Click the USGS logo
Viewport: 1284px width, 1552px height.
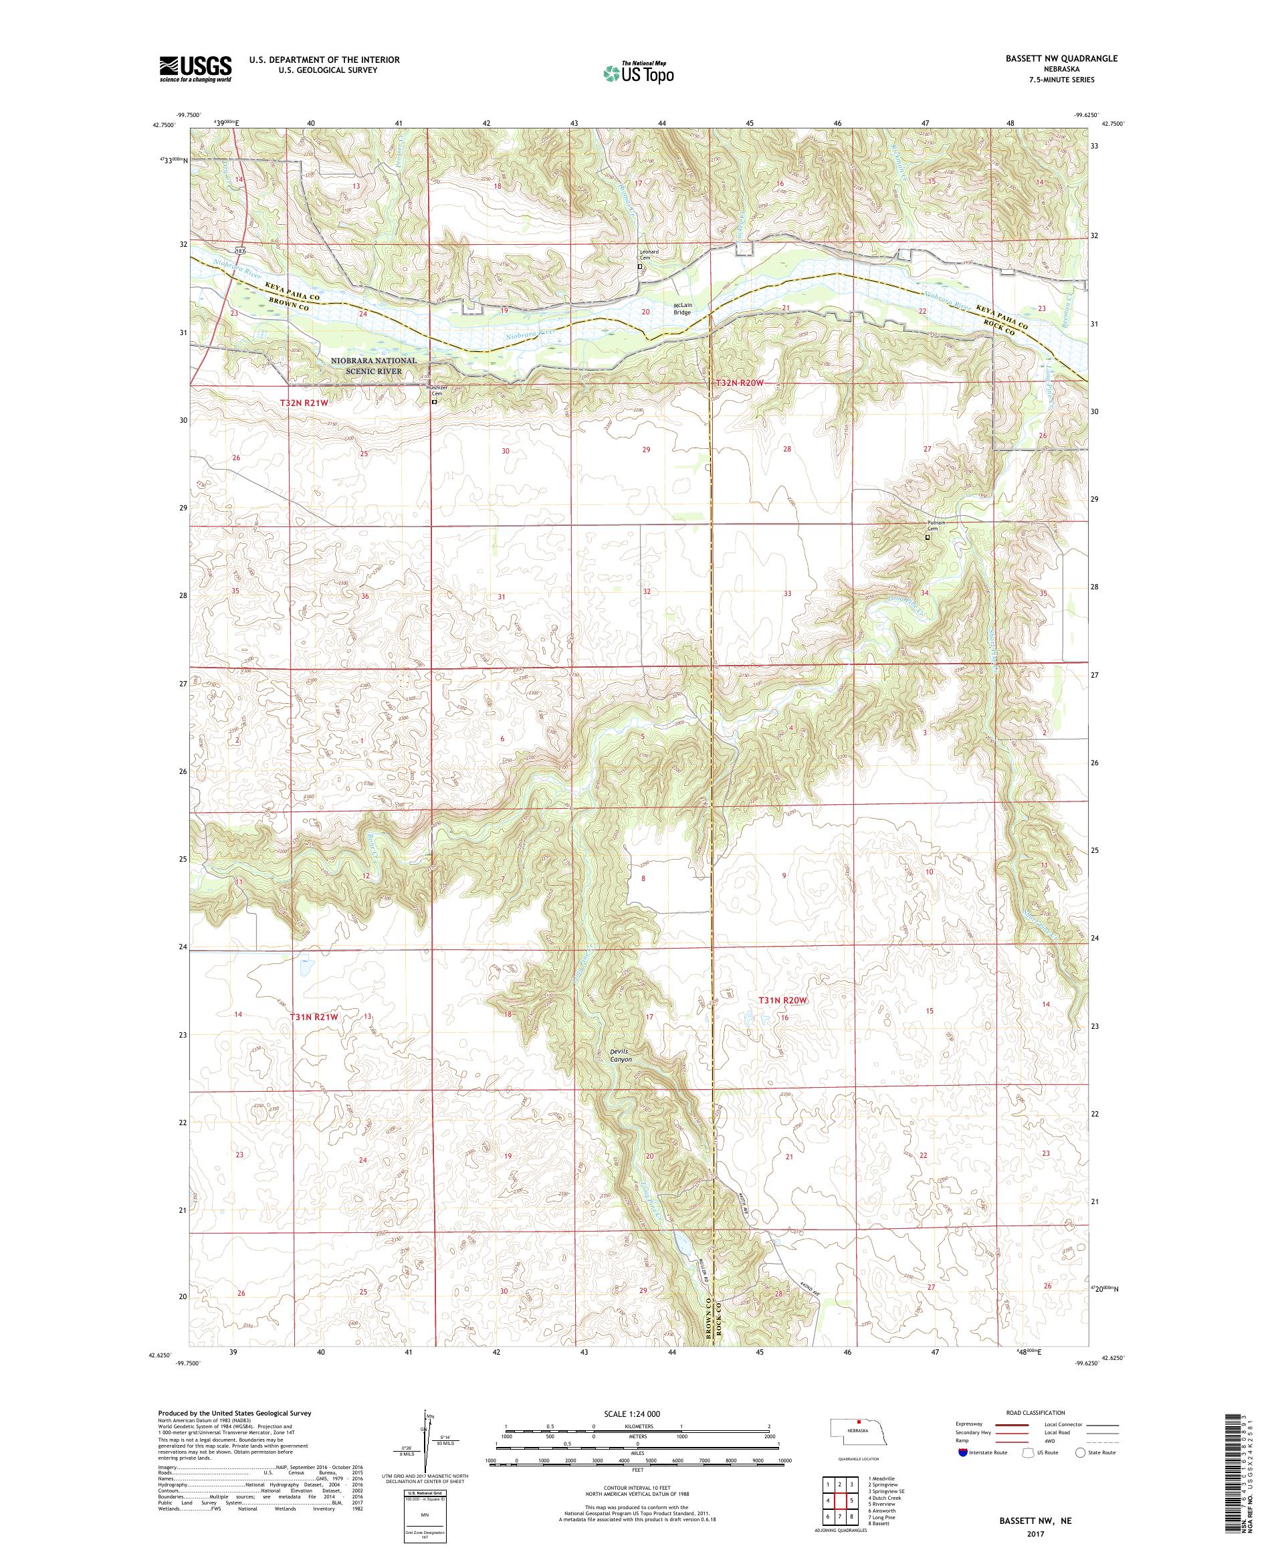(x=195, y=69)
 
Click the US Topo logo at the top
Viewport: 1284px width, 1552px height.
(x=638, y=72)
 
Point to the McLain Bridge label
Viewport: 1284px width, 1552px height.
(x=682, y=309)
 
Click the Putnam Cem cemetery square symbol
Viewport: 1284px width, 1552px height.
(x=927, y=537)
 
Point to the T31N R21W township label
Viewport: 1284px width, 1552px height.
(x=313, y=1017)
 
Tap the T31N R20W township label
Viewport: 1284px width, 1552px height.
(x=784, y=1000)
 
